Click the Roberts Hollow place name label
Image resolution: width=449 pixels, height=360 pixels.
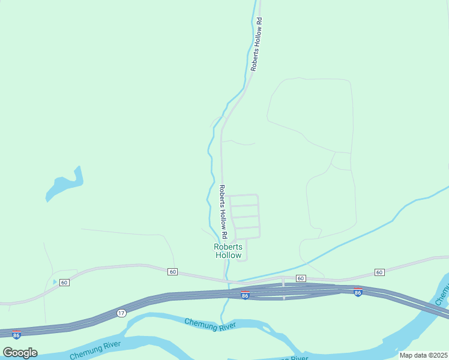point(228,251)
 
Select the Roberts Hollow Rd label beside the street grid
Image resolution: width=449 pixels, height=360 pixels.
point(223,210)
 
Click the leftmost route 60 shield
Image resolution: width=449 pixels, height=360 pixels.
point(65,282)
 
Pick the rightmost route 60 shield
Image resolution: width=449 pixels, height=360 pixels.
point(379,272)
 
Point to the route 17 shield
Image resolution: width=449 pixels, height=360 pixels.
point(121,313)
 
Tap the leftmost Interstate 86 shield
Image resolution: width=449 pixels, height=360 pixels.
point(16,334)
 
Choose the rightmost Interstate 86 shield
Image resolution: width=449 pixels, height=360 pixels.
point(358,293)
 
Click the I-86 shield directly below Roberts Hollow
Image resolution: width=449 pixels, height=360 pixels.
point(244,296)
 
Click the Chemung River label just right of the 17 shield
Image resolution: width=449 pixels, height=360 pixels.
point(210,325)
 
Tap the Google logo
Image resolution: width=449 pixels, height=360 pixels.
point(20,352)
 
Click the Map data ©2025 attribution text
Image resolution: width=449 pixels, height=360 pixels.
point(423,355)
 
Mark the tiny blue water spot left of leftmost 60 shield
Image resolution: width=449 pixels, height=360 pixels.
point(55,281)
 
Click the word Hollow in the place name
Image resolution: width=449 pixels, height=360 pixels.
point(228,256)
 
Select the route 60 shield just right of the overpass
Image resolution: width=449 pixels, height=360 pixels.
point(301,278)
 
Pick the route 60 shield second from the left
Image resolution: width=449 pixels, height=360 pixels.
point(173,272)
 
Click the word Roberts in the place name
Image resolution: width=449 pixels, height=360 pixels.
point(228,247)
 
